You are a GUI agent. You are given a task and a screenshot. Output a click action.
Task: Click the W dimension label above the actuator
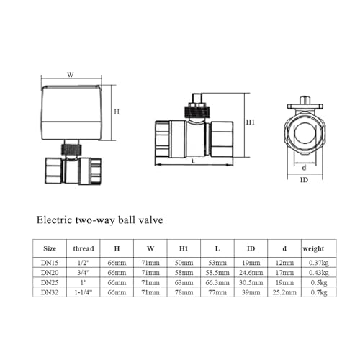[x=71, y=75]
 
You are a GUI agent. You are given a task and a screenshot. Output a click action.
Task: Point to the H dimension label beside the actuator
[x=117, y=112]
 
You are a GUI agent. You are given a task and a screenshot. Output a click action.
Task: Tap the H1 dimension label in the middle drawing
[x=250, y=122]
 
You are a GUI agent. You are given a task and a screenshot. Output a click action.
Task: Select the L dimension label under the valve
[x=194, y=161]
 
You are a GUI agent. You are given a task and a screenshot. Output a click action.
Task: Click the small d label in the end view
[x=304, y=168]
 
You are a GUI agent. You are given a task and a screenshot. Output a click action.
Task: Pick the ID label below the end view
[x=304, y=180]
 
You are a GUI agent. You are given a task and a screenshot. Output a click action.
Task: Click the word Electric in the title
[x=54, y=220]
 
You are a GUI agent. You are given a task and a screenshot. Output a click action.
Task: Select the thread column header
[x=84, y=248]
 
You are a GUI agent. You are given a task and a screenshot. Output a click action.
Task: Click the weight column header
[x=313, y=249]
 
